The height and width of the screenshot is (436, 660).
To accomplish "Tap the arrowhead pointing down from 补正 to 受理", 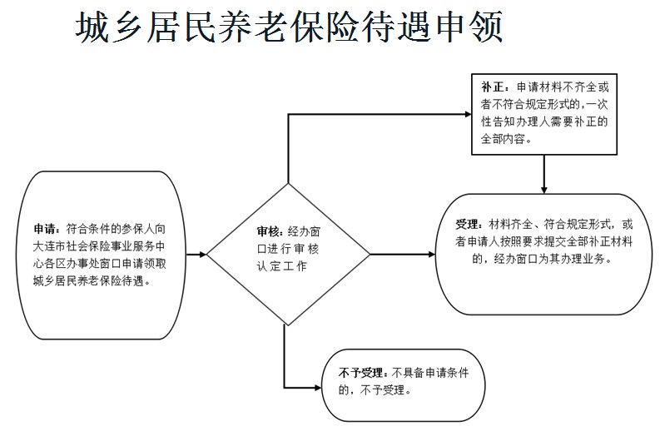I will point(543,188).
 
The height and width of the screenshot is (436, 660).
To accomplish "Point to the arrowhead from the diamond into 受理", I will point(433,254).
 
